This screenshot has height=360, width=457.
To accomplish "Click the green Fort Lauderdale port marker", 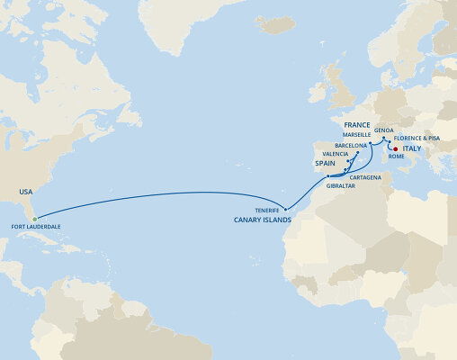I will [34, 219].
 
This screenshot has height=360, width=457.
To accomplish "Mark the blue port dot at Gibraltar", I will [329, 176].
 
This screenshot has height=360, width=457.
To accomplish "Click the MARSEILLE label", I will [345, 135].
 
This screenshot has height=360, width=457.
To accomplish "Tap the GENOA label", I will [383, 129].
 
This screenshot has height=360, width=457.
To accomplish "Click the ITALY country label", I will [412, 150].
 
